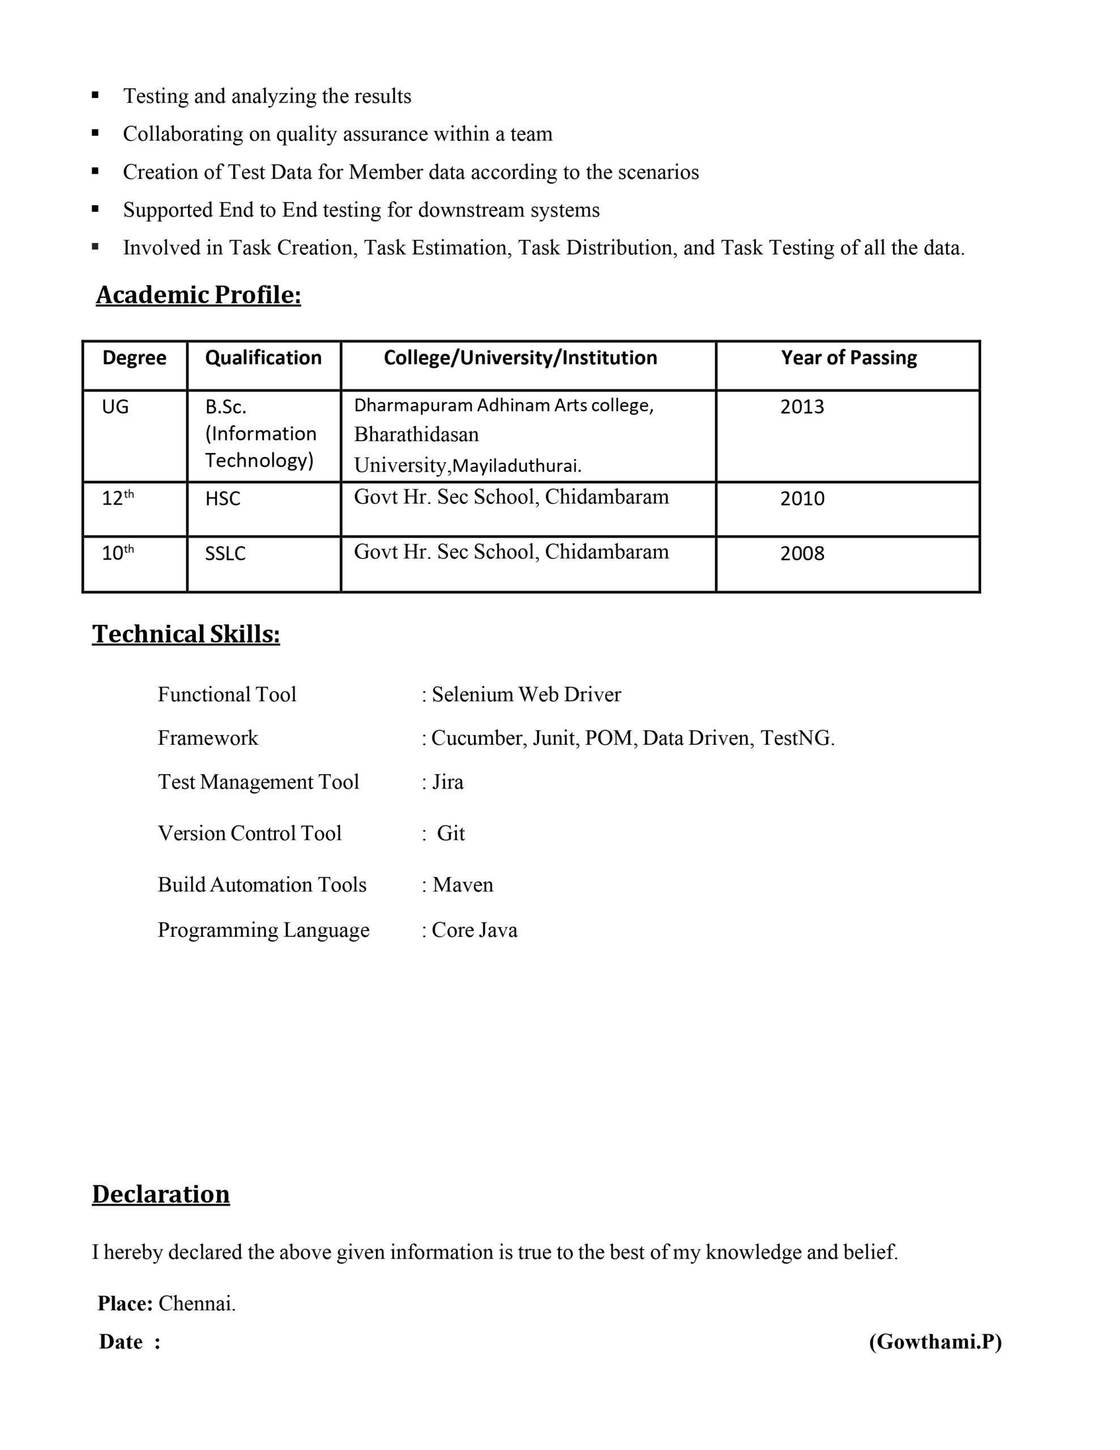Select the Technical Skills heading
tap(186, 634)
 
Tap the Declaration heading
tap(161, 1194)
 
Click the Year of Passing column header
tap(848, 358)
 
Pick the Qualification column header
tap(263, 358)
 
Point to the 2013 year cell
tap(802, 406)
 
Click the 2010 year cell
tap(802, 498)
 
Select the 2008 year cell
tap(802, 553)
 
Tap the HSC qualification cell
tap(223, 498)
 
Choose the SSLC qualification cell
tap(225, 553)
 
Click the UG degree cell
tap(115, 406)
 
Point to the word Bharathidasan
tap(416, 435)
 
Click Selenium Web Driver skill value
tap(526, 694)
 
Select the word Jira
tap(447, 782)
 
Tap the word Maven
tap(463, 885)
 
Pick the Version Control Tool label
tap(250, 833)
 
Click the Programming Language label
tap(263, 930)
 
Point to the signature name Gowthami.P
tap(935, 1342)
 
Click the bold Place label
tap(125, 1303)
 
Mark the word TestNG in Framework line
tap(796, 738)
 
